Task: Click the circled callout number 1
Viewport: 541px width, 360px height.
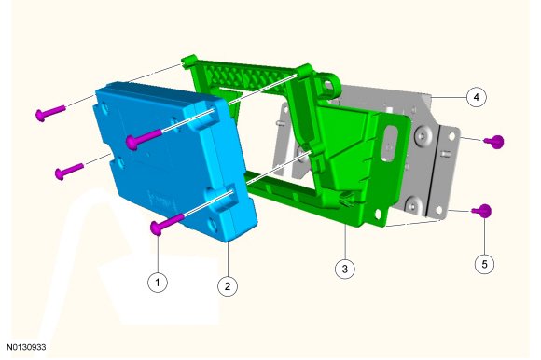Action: (x=158, y=283)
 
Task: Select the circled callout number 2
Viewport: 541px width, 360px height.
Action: (x=228, y=286)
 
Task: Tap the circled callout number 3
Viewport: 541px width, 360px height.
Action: (x=345, y=269)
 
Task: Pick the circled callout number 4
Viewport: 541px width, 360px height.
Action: (x=477, y=97)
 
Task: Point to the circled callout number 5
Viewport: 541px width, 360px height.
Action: (x=484, y=264)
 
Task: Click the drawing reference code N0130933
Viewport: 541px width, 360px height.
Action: (x=26, y=347)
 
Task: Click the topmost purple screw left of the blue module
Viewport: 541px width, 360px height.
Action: (x=50, y=113)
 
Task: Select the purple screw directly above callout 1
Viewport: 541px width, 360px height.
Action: (x=167, y=224)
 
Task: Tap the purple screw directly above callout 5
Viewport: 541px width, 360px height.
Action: (x=482, y=211)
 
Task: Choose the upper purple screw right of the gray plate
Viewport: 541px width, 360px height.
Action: (x=494, y=142)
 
